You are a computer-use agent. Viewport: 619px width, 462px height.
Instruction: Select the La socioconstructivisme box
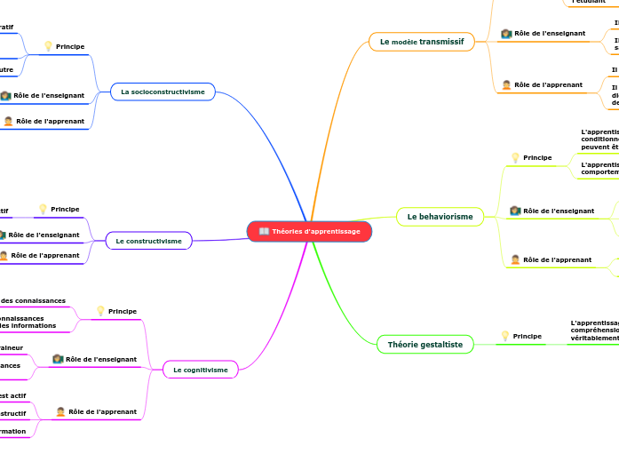pos(163,92)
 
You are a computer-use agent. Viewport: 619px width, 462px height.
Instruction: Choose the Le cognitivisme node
pos(200,370)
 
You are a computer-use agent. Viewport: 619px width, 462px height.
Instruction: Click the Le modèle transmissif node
pos(421,42)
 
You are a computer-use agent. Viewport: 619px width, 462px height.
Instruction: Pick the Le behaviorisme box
pos(440,216)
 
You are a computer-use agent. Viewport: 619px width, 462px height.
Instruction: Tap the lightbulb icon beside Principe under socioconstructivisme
pos(48,46)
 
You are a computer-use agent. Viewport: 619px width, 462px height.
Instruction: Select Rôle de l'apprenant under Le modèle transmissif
pos(548,85)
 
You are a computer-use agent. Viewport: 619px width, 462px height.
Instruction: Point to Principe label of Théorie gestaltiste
pos(528,336)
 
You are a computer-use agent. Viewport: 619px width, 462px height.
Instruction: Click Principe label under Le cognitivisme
pos(122,311)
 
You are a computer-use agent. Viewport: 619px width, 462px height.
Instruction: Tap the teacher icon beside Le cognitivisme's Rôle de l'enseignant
pos(58,359)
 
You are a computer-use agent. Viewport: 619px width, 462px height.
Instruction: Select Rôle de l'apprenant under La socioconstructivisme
pos(50,121)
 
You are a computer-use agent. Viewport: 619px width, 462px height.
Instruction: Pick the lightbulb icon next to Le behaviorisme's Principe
pos(515,157)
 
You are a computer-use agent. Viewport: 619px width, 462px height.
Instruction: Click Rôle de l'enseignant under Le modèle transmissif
pos(550,33)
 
